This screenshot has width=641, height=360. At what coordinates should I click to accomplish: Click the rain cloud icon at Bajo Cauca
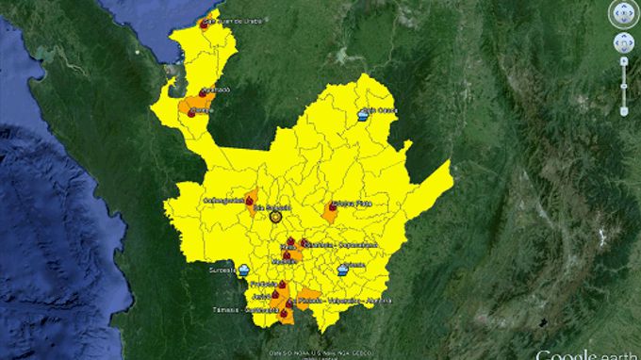click(x=364, y=115)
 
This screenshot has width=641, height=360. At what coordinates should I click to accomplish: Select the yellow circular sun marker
click(x=277, y=217)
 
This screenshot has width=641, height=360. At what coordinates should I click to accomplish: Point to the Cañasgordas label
click(x=224, y=199)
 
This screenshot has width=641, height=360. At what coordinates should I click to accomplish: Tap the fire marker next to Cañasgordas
click(x=250, y=199)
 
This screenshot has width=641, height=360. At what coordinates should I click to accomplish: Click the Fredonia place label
click(x=265, y=283)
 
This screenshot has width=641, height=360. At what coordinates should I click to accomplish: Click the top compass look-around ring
click(x=623, y=13)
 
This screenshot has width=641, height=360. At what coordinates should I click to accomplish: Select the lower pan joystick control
click(x=623, y=42)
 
